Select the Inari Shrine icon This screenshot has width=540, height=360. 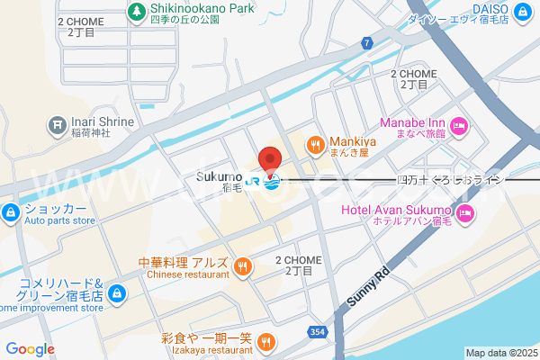[57, 122]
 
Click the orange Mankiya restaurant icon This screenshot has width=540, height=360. [315, 142]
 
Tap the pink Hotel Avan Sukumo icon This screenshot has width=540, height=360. [465, 213]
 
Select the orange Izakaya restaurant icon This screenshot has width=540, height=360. [265, 341]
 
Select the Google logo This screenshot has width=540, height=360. [30, 349]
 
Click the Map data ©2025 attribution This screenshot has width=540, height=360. [501, 353]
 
